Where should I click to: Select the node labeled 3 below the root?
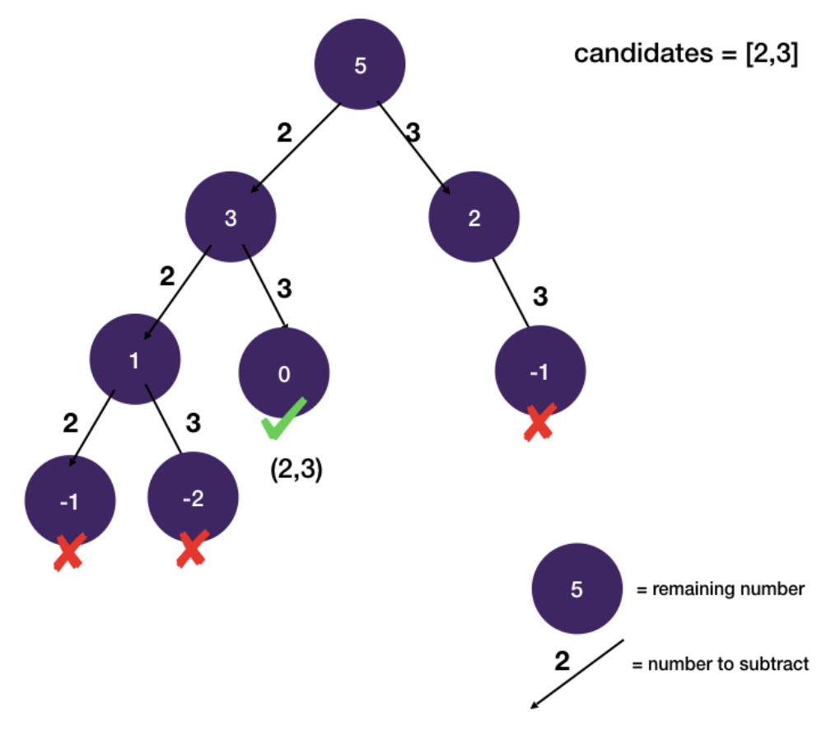tap(231, 218)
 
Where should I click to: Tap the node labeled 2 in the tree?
tap(474, 218)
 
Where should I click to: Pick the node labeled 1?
tap(134, 360)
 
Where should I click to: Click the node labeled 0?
tap(284, 373)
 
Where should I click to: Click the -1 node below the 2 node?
tap(539, 372)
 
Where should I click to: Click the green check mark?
tap(283, 419)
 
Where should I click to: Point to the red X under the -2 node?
tap(192, 550)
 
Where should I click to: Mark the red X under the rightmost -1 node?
tap(539, 422)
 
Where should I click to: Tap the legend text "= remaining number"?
tap(720, 589)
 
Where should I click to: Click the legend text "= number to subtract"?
tap(720, 664)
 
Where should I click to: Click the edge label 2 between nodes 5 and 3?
tap(284, 133)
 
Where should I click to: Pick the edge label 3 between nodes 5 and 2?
tap(413, 133)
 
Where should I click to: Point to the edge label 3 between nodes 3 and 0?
tap(285, 288)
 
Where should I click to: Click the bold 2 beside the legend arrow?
tap(562, 661)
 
